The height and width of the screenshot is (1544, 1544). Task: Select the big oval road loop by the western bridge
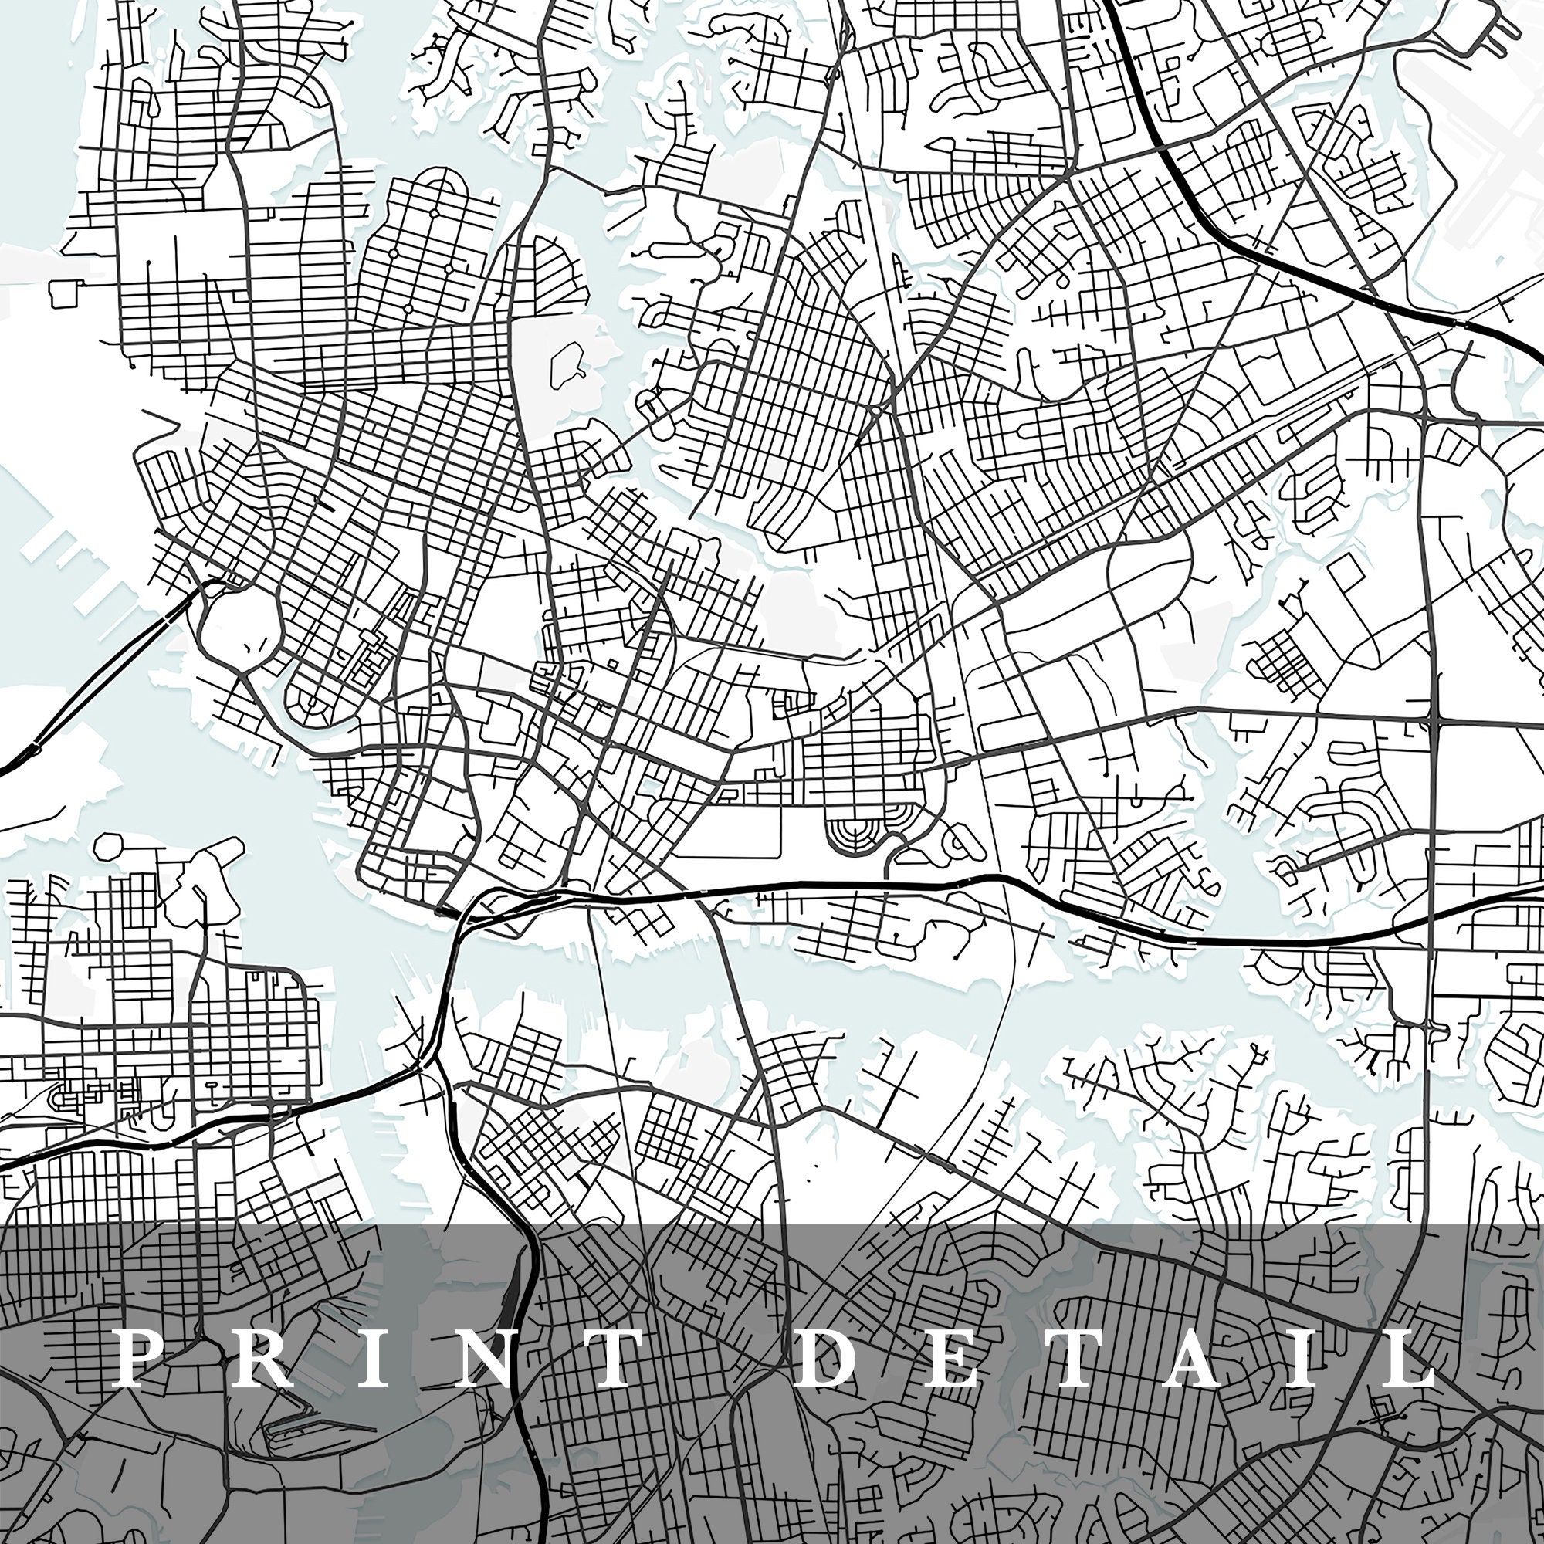241,631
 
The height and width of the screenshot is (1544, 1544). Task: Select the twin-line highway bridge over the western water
104,679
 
